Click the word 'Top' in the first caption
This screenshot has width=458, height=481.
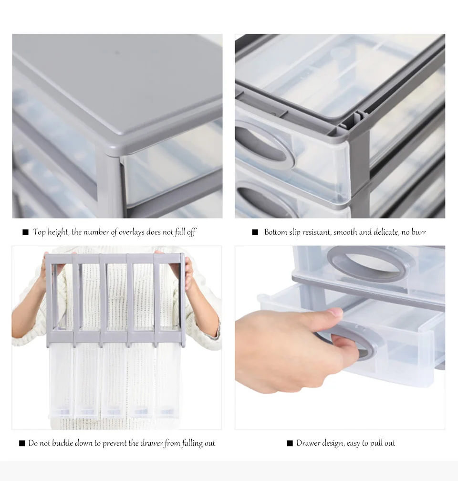point(39,232)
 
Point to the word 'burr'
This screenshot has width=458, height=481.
point(418,232)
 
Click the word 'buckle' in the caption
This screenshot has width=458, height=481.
point(62,443)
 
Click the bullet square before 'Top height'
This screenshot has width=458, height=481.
point(25,232)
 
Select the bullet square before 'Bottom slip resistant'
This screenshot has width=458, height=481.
point(255,232)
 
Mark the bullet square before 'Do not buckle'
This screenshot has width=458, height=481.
point(22,443)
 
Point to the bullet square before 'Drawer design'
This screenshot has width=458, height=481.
point(290,443)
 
